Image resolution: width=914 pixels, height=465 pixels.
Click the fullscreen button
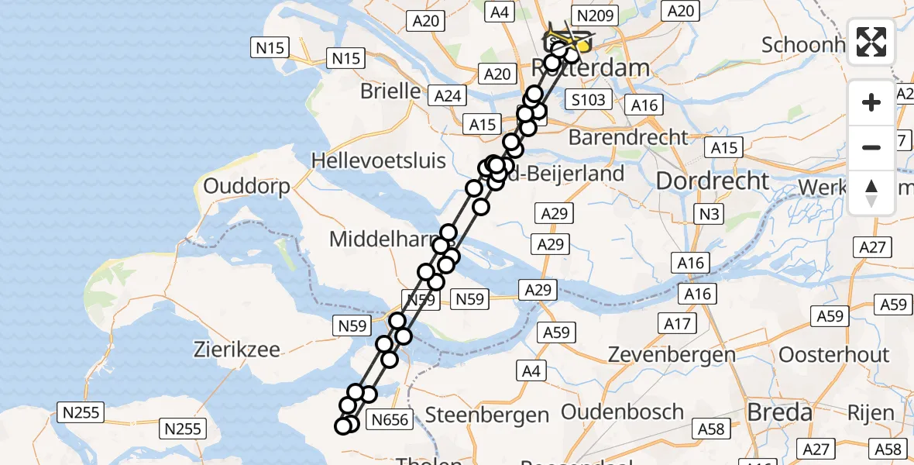(x=871, y=42)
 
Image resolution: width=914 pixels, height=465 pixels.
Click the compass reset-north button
(x=871, y=193)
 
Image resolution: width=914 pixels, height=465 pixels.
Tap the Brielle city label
(x=390, y=91)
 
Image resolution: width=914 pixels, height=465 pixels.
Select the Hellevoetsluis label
(x=378, y=160)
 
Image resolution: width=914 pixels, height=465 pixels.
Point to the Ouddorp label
(x=246, y=187)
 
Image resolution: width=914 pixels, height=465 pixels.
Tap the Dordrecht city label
(x=713, y=181)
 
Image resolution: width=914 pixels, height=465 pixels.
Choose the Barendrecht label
(x=627, y=137)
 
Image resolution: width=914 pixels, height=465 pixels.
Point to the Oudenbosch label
(x=622, y=412)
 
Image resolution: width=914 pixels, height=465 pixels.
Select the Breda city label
(x=780, y=412)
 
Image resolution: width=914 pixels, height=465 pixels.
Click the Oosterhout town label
(x=833, y=355)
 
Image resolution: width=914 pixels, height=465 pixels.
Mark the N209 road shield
(x=592, y=14)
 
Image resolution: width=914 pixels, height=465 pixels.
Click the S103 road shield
(x=587, y=99)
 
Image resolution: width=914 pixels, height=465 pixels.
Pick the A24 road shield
(x=448, y=95)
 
